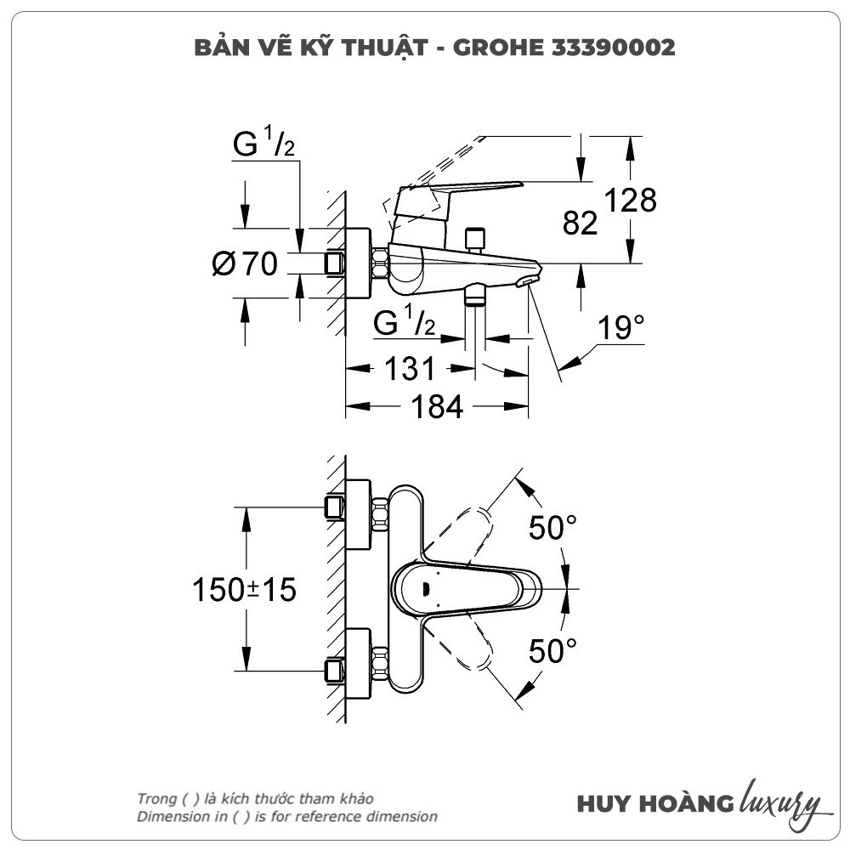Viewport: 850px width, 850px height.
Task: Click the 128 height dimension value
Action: [631, 201]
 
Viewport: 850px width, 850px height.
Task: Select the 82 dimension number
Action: [581, 224]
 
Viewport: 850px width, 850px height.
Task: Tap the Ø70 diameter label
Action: [244, 264]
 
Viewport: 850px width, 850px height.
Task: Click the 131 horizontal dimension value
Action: [410, 369]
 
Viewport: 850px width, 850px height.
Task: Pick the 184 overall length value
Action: [437, 408]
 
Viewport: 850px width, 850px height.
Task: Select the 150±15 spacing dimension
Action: [244, 589]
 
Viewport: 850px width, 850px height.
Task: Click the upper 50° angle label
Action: [552, 528]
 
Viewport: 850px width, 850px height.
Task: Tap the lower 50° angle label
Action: [552, 652]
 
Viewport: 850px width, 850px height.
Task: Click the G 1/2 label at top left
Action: [263, 145]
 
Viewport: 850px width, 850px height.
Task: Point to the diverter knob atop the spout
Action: [475, 237]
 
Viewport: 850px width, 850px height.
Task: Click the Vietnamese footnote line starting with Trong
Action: [254, 799]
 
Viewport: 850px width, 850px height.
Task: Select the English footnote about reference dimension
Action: [287, 817]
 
